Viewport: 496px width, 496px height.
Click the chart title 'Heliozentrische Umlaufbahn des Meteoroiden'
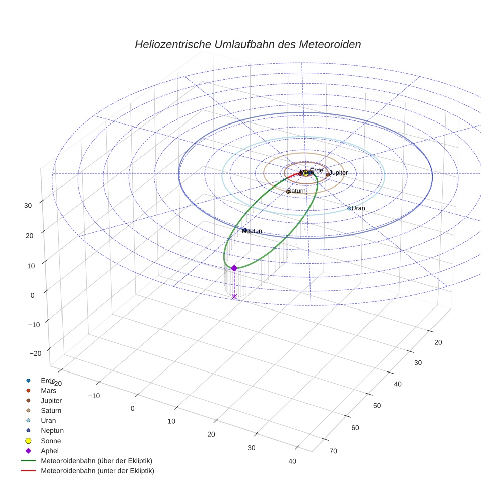[247, 44]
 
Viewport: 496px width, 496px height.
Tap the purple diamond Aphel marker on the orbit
[234, 268]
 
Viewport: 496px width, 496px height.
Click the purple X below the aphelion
[234, 297]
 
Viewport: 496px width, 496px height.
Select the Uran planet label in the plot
[358, 208]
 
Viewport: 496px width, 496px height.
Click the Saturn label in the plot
[297, 191]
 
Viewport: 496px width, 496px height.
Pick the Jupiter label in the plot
[338, 173]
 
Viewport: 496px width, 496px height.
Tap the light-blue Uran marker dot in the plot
[349, 208]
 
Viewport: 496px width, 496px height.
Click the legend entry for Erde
[48, 380]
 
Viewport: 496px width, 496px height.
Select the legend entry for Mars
[48, 390]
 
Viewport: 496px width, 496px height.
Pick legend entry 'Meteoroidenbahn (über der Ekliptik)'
[96, 461]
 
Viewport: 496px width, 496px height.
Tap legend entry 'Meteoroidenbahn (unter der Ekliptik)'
[97, 471]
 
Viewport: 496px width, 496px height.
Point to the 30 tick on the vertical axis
[28, 205]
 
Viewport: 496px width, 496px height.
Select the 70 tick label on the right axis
[333, 451]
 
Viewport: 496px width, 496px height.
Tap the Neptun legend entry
[52, 430]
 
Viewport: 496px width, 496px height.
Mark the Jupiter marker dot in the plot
[328, 174]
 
